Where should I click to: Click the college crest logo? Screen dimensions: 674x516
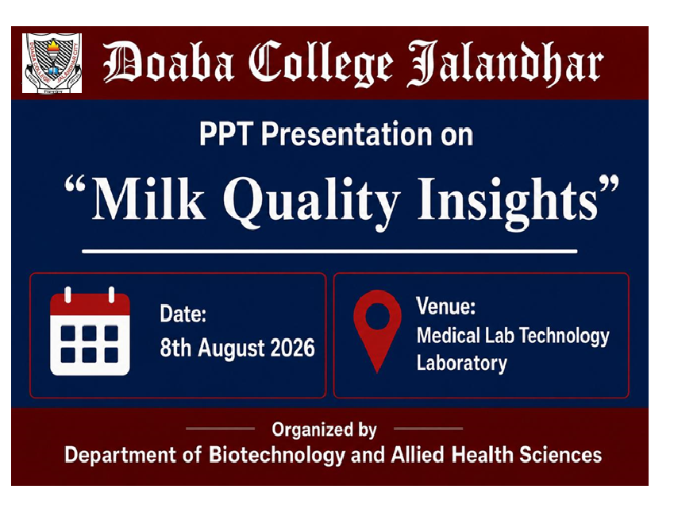tap(52, 64)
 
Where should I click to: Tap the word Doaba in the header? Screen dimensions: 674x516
tap(169, 63)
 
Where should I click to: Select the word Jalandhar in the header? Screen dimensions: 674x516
tap(505, 64)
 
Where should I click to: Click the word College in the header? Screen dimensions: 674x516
tap(320, 64)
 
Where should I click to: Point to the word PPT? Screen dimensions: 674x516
tap(225, 134)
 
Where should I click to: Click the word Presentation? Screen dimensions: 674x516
tap(346, 134)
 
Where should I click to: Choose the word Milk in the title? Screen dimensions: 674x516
tap(148, 199)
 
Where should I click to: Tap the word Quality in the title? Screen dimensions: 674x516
tap(311, 202)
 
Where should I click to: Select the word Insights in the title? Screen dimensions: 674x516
tap(509, 202)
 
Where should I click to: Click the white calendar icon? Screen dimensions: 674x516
tap(90, 331)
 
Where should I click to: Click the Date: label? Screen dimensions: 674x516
tap(183, 314)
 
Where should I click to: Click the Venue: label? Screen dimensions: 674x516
tap(445, 306)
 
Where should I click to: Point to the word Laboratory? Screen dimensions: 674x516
tap(462, 364)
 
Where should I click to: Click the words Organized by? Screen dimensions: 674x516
tap(324, 430)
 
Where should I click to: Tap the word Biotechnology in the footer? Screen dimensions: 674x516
tap(277, 456)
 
